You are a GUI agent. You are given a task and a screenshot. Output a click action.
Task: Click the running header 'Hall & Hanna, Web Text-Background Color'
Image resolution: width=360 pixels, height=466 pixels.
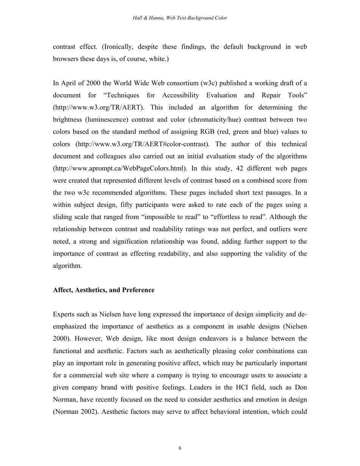click(x=180, y=18)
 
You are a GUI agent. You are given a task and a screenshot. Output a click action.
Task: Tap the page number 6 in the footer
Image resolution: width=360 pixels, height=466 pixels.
click(x=180, y=448)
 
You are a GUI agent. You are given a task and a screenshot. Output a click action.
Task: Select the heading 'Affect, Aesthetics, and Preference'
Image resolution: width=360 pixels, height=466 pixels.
click(x=103, y=290)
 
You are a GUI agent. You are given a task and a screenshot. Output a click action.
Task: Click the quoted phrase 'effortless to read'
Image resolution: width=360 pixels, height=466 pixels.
click(x=242, y=217)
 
